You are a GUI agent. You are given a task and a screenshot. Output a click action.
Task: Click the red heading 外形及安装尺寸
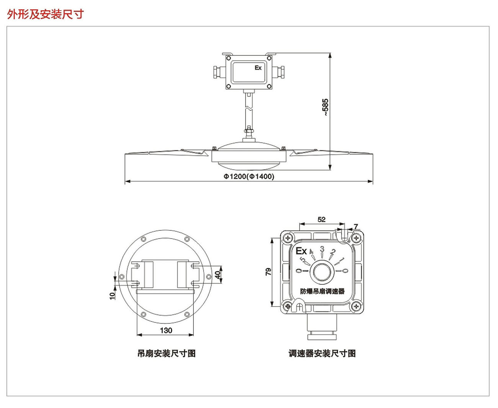tap(45, 15)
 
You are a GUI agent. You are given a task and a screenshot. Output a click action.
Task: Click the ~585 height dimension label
tap(325, 107)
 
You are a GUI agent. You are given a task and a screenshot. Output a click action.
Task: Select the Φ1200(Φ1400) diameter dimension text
tap(249, 176)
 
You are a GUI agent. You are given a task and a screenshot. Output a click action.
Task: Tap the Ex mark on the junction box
tap(258, 68)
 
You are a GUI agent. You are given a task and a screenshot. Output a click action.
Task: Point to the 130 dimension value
tap(166, 330)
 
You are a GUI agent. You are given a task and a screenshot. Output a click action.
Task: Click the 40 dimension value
tap(218, 275)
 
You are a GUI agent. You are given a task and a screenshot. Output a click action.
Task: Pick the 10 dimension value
tap(112, 295)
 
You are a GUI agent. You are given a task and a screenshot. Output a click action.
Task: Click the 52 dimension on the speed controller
tap(321, 219)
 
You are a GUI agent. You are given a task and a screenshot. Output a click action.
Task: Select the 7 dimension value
tap(356, 227)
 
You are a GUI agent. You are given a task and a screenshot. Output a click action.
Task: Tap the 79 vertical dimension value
tap(268, 272)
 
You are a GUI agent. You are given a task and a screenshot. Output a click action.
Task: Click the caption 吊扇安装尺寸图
tap(166, 354)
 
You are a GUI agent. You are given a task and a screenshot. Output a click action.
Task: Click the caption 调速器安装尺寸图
tap(322, 354)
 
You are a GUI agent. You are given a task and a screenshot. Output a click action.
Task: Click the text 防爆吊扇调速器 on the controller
tap(322, 291)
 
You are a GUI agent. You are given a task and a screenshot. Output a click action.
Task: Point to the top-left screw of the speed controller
tap(287, 238)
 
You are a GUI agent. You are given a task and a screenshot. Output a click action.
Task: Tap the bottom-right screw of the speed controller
tap(356, 306)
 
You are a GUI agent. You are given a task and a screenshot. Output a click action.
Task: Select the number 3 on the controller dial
tap(322, 249)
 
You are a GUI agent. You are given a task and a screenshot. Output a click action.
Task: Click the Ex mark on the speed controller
tap(301, 251)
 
